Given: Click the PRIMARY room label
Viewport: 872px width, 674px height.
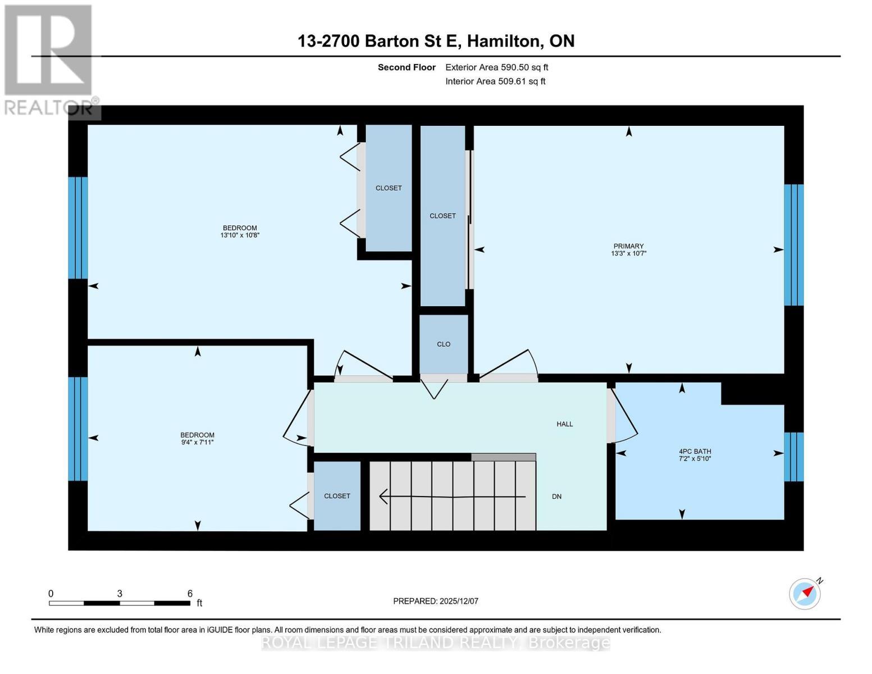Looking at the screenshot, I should [628, 246].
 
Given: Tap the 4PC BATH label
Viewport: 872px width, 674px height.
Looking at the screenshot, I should [695, 451].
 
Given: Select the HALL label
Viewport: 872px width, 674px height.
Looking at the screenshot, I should [564, 424].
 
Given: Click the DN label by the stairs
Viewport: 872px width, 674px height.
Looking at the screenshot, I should [556, 497].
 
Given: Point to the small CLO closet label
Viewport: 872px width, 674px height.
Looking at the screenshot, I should [444, 344].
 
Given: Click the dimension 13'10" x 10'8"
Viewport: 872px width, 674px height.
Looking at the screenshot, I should [240, 235].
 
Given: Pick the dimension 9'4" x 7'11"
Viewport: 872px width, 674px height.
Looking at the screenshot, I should [197, 443].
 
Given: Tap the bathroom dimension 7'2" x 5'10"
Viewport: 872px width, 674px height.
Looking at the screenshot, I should [695, 459].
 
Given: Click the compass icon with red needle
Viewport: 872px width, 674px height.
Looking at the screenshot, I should [805, 593].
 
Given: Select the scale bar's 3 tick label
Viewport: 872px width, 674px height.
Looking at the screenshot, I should [120, 594].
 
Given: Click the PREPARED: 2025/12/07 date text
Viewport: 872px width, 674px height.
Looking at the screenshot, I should [436, 601].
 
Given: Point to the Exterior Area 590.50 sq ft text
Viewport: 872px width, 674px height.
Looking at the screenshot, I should [496, 67].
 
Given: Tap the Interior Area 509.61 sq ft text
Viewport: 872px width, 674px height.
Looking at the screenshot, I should [495, 81].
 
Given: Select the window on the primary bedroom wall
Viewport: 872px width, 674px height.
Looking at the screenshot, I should [793, 245].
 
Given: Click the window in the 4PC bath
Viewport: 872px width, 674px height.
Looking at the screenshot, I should [793, 457].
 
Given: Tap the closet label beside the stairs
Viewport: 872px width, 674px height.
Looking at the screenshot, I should [337, 496].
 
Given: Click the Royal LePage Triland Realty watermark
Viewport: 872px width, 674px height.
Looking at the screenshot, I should [436, 643].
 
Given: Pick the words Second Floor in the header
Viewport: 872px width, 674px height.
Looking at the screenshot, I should [407, 67].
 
